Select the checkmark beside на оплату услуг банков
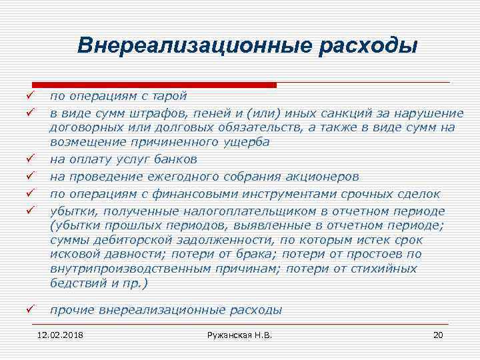pyautogui.click(x=30, y=160)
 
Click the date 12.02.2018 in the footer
pyautogui.click(x=65, y=334)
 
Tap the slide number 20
pyautogui.click(x=437, y=334)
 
